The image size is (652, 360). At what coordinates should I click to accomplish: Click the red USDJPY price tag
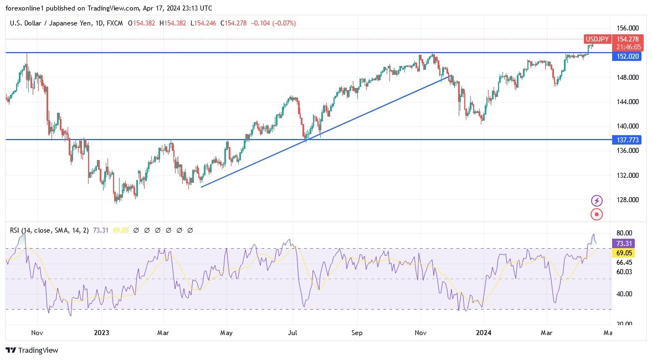pyautogui.click(x=598, y=39)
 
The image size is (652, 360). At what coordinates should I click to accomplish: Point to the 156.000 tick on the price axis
pyautogui.click(x=627, y=28)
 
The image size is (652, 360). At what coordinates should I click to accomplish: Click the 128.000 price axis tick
pyautogui.click(x=627, y=200)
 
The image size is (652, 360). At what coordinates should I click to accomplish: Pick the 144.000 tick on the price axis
pyautogui.click(x=627, y=102)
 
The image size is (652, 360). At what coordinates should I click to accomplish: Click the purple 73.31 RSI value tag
pyautogui.click(x=624, y=244)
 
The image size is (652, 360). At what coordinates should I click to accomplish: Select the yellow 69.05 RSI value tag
pyautogui.click(x=624, y=253)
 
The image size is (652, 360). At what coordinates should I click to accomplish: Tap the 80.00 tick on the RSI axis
pyautogui.click(x=624, y=233)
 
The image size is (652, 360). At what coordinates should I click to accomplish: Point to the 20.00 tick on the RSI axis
pyautogui.click(x=624, y=324)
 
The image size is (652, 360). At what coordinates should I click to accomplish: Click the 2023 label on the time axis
pyautogui.click(x=101, y=333)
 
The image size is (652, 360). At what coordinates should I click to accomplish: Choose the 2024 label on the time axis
pyautogui.click(x=484, y=333)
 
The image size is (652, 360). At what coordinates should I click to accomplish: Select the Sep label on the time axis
pyautogui.click(x=357, y=333)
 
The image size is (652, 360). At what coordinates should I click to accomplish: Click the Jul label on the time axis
pyautogui.click(x=293, y=333)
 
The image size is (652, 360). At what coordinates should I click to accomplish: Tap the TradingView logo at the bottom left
pyautogui.click(x=32, y=350)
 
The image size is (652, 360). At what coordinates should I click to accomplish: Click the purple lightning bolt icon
pyautogui.click(x=597, y=200)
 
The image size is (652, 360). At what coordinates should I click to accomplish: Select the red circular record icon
pyautogui.click(x=597, y=214)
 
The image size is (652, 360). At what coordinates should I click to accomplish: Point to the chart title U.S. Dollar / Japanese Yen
pyautogui.click(x=52, y=23)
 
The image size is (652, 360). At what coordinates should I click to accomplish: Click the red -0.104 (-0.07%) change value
pyautogui.click(x=273, y=23)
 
